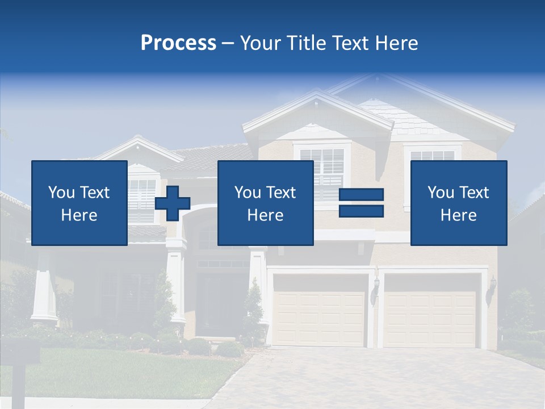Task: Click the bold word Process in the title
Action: point(178,43)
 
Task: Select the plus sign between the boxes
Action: point(173,203)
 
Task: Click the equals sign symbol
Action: point(361,203)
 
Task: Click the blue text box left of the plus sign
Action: point(79,203)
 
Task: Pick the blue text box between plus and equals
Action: point(265,203)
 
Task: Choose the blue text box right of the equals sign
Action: point(458,203)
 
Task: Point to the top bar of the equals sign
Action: point(361,195)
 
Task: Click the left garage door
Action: point(320,310)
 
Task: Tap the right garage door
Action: point(430,310)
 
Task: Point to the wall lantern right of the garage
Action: point(492,287)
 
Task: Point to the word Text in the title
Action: point(350,43)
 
